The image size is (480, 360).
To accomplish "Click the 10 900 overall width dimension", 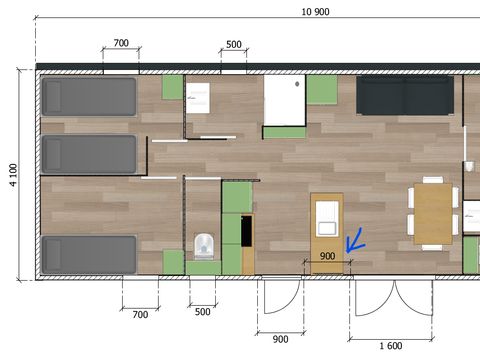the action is (315, 12).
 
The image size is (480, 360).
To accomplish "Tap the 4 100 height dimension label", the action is (13, 175).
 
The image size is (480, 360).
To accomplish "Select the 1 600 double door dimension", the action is (391, 346).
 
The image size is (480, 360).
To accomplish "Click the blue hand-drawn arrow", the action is (355, 241).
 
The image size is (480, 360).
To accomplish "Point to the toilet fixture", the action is (204, 246).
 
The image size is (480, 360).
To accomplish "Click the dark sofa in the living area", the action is (405, 95).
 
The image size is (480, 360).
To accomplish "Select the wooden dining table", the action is (433, 214).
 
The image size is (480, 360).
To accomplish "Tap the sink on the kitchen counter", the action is (327, 219).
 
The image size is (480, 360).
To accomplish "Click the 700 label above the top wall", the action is (121, 43).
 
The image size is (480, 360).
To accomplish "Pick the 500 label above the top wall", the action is (234, 44).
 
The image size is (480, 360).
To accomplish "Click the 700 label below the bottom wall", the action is (140, 315).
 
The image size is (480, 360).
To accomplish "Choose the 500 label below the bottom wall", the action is (202, 312).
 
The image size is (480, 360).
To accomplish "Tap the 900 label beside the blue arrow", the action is (327, 256).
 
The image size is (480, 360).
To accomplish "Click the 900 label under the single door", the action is (280, 339).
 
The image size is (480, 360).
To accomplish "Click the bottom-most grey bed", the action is (89, 254).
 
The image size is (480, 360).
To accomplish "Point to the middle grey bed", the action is (89, 154).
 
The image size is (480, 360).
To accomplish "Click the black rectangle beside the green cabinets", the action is (246, 231).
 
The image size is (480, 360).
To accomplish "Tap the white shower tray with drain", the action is (285, 100).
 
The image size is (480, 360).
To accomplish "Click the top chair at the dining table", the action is (433, 180).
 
